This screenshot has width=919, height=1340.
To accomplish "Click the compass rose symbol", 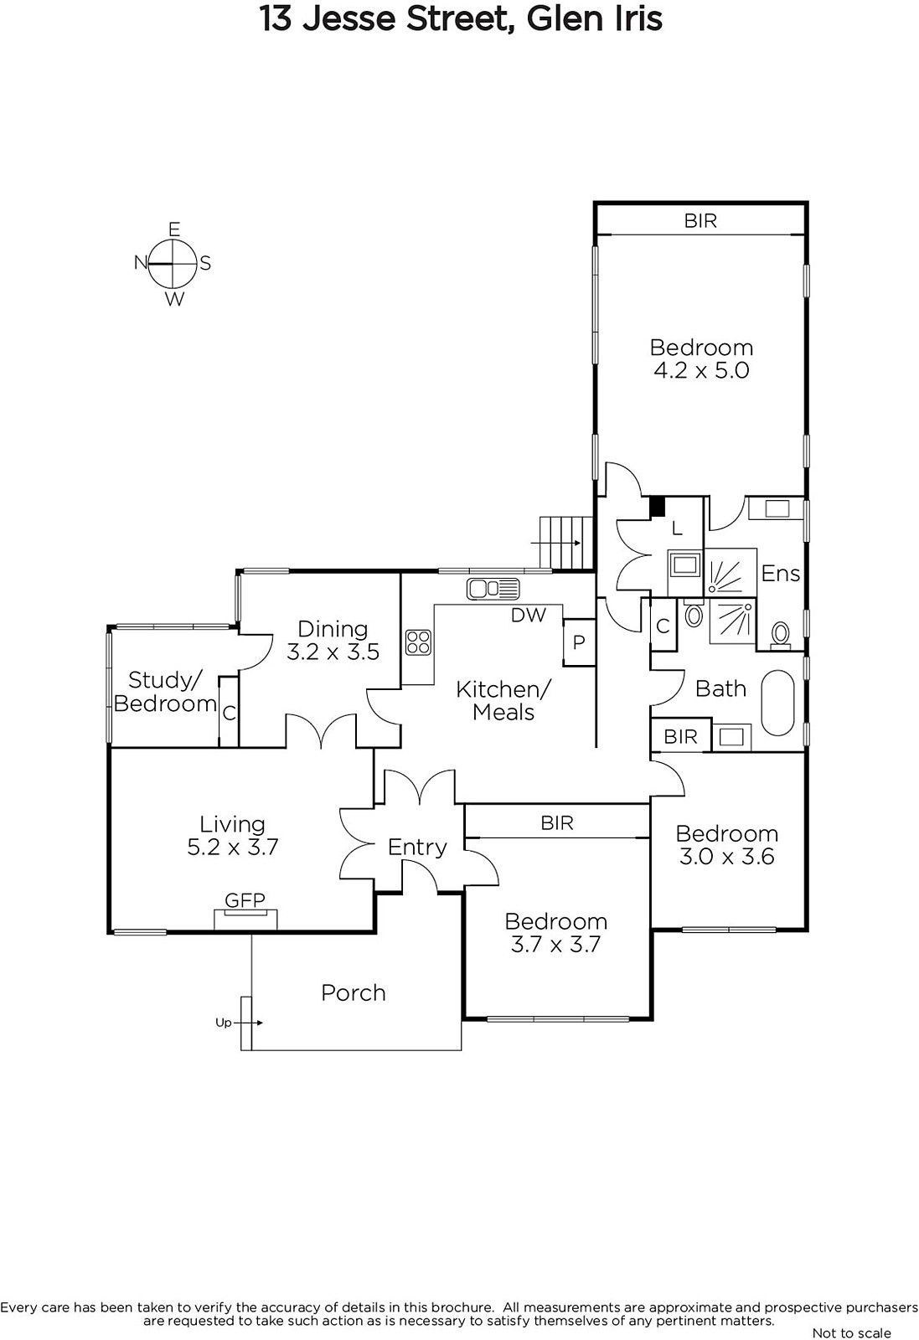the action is pyautogui.click(x=173, y=264).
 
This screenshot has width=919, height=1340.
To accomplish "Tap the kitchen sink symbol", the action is pyautogui.click(x=493, y=589).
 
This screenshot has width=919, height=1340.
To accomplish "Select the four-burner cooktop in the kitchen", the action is pyautogui.click(x=418, y=642).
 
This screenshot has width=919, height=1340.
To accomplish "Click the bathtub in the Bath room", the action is pyautogui.click(x=777, y=703).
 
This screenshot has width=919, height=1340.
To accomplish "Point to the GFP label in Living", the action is pyautogui.click(x=245, y=899).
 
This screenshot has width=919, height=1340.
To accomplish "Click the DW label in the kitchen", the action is pyautogui.click(x=529, y=615).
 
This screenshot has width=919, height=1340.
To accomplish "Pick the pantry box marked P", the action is pyautogui.click(x=579, y=642).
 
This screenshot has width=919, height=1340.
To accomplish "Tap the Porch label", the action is pyautogui.click(x=353, y=993).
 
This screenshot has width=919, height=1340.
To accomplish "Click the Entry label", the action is pyautogui.click(x=417, y=848).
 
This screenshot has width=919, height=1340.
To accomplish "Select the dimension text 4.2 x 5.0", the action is pyautogui.click(x=701, y=370).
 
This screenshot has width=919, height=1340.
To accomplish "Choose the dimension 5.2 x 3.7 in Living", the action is pyautogui.click(x=233, y=847).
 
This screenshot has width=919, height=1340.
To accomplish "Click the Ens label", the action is pyautogui.click(x=780, y=574).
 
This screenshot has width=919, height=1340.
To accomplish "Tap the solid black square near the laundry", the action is pyautogui.click(x=658, y=507).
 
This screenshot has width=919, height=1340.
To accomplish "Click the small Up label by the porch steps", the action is pyautogui.click(x=223, y=1023).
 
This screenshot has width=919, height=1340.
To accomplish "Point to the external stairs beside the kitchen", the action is pyautogui.click(x=566, y=543).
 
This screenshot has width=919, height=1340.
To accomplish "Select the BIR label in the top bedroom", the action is pyautogui.click(x=700, y=221).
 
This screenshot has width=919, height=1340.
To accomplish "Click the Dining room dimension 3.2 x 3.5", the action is pyautogui.click(x=333, y=652).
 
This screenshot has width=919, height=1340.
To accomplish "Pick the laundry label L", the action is pyautogui.click(x=677, y=528).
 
